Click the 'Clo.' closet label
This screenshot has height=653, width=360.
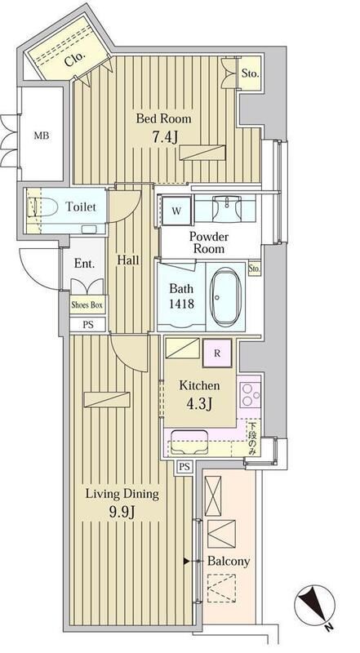pyautogui.click(x=75, y=59)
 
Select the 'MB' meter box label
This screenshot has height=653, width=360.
pyautogui.click(x=42, y=135)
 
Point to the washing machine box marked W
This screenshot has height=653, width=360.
pyautogui.click(x=176, y=211)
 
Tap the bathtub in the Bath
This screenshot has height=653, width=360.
pyautogui.click(x=225, y=295)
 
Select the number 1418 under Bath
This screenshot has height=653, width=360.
pyautogui.click(x=181, y=304)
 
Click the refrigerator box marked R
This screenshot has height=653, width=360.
pyautogui.click(x=217, y=353)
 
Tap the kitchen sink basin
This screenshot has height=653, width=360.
pyautogui.click(x=189, y=442)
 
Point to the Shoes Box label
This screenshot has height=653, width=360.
pyautogui.click(x=87, y=304)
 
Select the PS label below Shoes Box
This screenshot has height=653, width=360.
pyautogui.click(x=87, y=325)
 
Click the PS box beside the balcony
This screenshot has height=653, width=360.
pyautogui.click(x=184, y=467)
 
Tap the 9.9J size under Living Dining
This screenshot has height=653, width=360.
pyautogui.click(x=122, y=512)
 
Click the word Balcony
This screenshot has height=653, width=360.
pyautogui.click(x=229, y=561)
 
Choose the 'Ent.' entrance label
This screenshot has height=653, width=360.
pyautogui.click(x=84, y=264)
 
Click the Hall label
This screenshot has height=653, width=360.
pyautogui.click(x=128, y=260)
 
